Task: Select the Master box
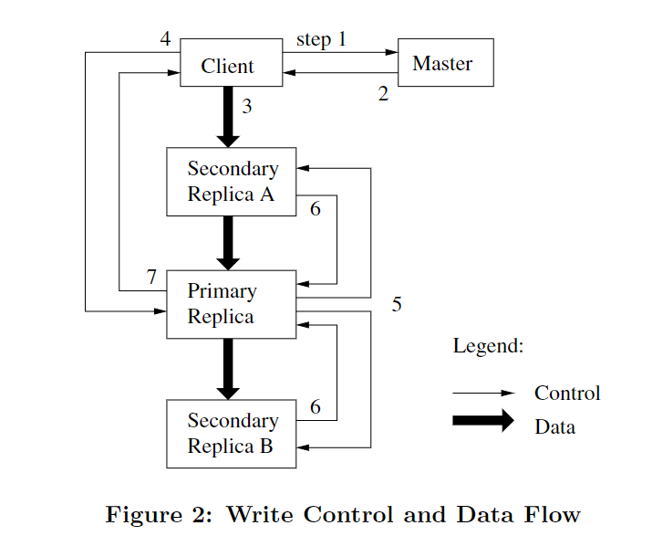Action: click(445, 63)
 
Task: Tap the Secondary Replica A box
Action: click(231, 182)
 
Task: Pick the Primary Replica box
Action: click(231, 304)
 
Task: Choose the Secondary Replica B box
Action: click(231, 434)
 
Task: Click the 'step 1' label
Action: click(321, 40)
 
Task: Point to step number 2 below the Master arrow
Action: click(383, 94)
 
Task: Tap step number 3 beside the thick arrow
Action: click(247, 107)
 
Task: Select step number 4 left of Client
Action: click(165, 39)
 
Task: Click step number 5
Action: click(397, 304)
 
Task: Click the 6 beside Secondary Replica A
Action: click(316, 209)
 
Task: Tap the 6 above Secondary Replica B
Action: click(316, 407)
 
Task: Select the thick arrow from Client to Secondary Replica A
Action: click(228, 116)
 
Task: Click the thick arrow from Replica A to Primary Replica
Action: click(228, 242)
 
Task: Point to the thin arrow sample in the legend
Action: click(483, 393)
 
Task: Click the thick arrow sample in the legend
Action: click(483, 421)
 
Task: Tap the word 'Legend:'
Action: click(488, 346)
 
